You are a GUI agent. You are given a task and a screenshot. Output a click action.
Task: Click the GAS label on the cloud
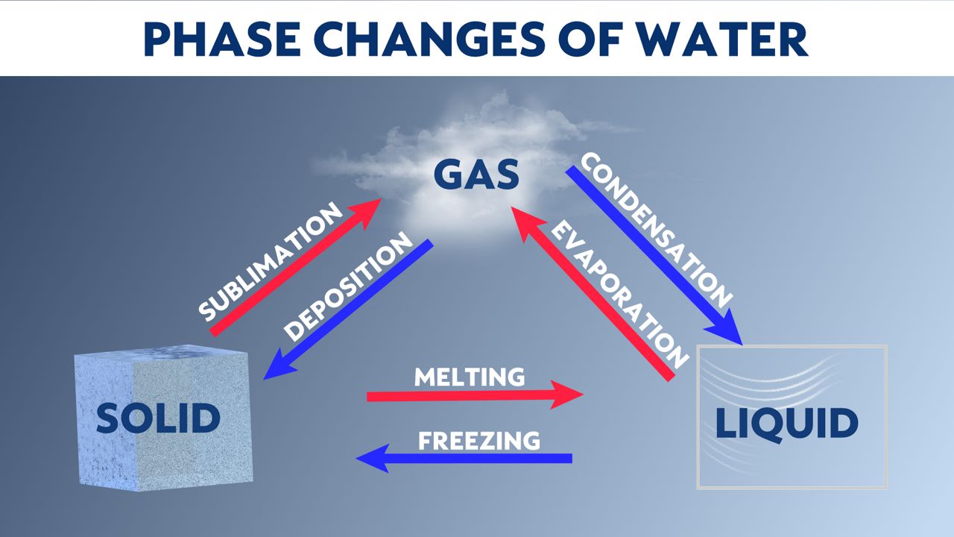[x=476, y=174]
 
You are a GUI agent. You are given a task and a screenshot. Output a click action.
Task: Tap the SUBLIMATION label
[x=271, y=261]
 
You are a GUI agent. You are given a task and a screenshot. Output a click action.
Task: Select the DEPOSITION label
[x=348, y=286]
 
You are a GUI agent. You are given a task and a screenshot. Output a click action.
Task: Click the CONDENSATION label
[x=657, y=230]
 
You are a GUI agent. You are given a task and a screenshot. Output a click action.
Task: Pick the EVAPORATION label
[x=619, y=294]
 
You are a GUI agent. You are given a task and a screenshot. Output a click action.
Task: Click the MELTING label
[x=470, y=377]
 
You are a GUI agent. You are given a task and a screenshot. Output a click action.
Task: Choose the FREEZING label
[x=479, y=441]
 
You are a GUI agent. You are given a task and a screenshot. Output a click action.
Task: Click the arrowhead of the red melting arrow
[x=567, y=395]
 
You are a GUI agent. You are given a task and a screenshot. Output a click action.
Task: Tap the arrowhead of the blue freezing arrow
[x=373, y=458]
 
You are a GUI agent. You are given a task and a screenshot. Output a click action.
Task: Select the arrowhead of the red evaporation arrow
[x=526, y=222]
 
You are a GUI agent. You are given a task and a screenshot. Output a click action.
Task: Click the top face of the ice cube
[x=162, y=354]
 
